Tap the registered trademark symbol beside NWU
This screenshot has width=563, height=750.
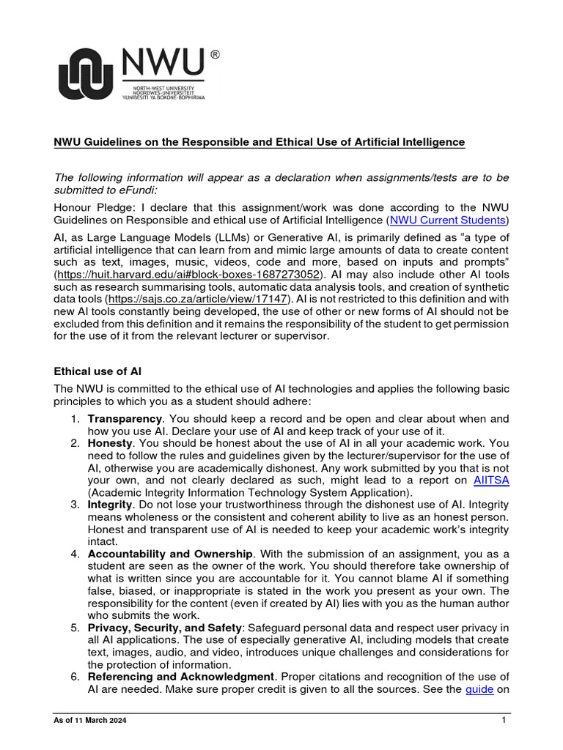[x=215, y=54]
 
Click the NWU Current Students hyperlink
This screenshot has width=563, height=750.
[x=447, y=220]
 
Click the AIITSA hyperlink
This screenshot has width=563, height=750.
[x=491, y=480]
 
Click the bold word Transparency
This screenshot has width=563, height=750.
[x=124, y=418]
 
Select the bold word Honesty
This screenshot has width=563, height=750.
[x=110, y=443]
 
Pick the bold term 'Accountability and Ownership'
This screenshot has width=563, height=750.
[x=171, y=554]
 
